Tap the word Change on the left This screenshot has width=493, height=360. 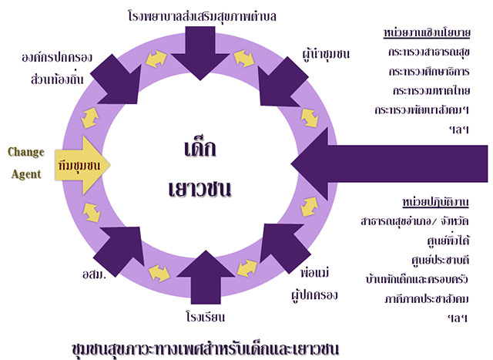(x=25, y=151)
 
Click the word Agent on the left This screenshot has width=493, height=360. (x=26, y=174)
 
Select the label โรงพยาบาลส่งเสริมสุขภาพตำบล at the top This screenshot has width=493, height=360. (x=203, y=15)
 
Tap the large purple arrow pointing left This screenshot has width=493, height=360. (x=385, y=164)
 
